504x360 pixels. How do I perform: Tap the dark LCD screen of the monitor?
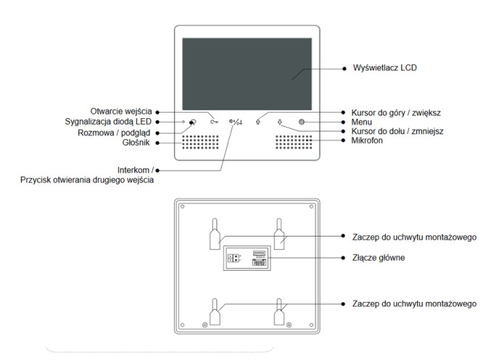pyautogui.click(x=248, y=71)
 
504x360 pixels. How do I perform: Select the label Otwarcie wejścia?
pyautogui.click(x=121, y=111)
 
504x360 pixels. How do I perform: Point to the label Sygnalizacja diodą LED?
pyautogui.click(x=108, y=121)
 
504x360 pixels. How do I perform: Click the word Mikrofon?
pyautogui.click(x=368, y=141)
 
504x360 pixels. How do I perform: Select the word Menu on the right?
pyautogui.click(x=363, y=122)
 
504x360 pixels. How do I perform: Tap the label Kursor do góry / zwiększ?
pyautogui.click(x=396, y=112)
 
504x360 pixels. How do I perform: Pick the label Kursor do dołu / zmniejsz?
pyautogui.click(x=398, y=131)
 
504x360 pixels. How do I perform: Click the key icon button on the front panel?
pyautogui.click(x=215, y=122)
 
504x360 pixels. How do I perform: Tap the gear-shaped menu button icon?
pyautogui.click(x=302, y=122)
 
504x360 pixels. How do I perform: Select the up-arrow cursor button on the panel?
pyautogui.click(x=258, y=122)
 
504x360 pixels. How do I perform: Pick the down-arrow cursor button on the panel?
pyautogui.click(x=280, y=122)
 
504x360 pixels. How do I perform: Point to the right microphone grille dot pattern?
pyautogui.click(x=295, y=142)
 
